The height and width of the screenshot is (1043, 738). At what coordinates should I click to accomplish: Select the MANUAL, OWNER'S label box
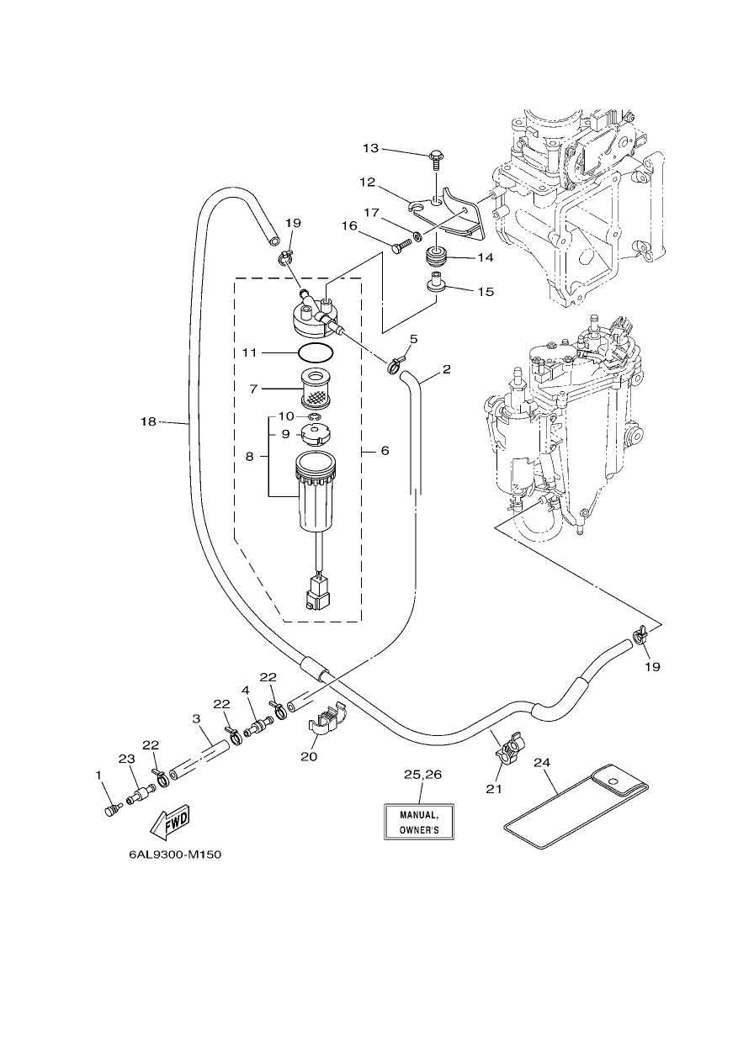pyautogui.click(x=419, y=822)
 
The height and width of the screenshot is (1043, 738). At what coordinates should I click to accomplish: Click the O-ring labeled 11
pyautogui.click(x=316, y=353)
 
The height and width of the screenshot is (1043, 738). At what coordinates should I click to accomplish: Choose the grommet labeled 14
pyautogui.click(x=437, y=256)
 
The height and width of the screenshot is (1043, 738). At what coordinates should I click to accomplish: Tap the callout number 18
pyautogui.click(x=148, y=422)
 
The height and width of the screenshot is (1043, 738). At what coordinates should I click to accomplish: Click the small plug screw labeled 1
pyautogui.click(x=112, y=811)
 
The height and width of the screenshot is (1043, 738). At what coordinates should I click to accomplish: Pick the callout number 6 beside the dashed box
pyautogui.click(x=385, y=451)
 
